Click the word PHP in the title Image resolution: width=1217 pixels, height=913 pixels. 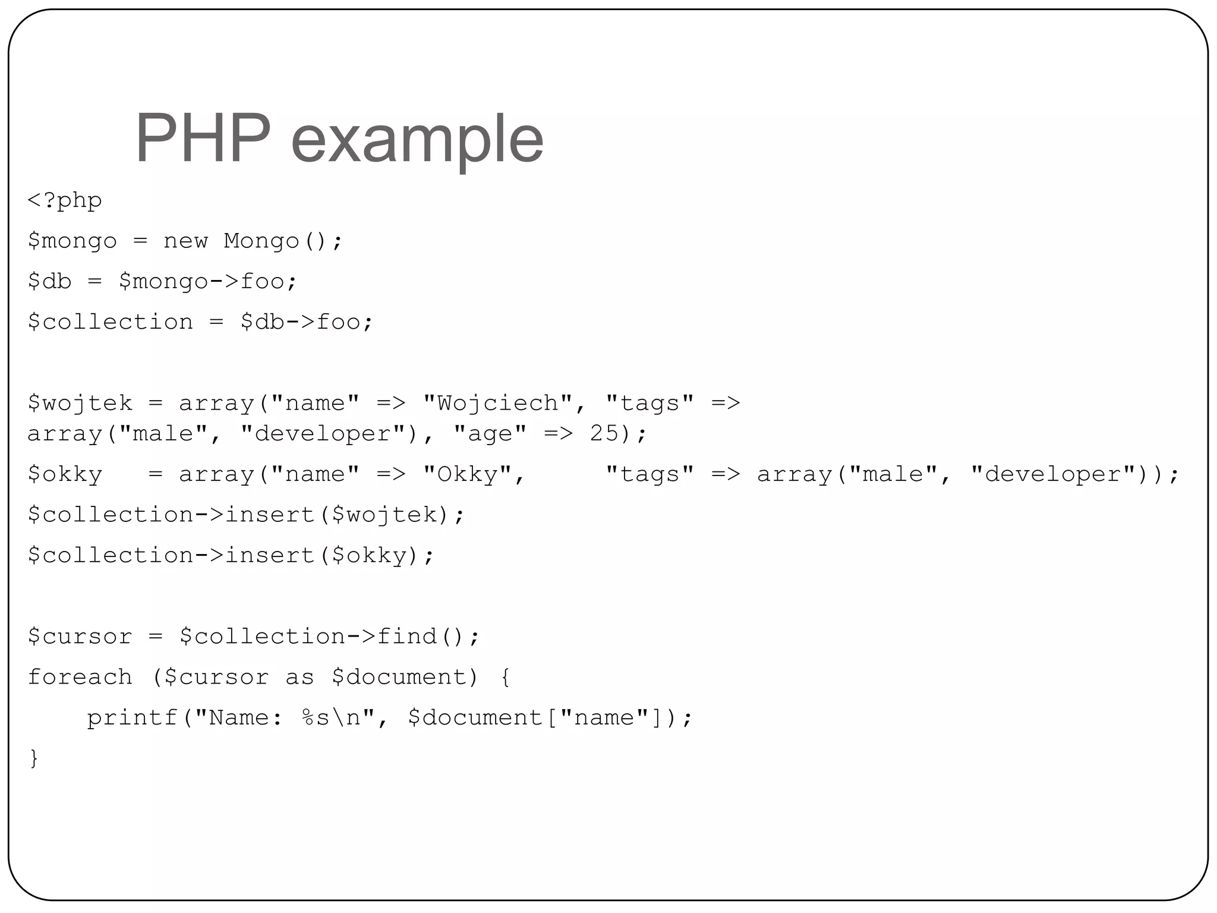click(x=203, y=139)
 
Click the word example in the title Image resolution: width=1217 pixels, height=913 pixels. click(x=417, y=141)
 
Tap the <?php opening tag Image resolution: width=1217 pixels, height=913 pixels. click(x=65, y=201)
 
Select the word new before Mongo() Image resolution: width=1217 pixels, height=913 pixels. click(x=185, y=241)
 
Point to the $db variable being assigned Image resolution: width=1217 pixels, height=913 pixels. click(x=49, y=281)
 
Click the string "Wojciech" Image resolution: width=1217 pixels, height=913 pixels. click(x=497, y=403)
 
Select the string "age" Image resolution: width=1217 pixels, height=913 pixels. click(x=490, y=433)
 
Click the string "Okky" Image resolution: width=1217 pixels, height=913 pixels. click(x=467, y=474)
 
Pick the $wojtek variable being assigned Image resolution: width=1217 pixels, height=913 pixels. click(x=80, y=403)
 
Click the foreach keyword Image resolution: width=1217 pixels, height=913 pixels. click(x=80, y=677)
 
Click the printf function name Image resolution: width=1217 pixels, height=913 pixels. click(x=132, y=717)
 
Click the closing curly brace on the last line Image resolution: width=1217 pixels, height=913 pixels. click(x=34, y=758)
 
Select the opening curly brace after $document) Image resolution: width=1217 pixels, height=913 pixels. click(x=505, y=677)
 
